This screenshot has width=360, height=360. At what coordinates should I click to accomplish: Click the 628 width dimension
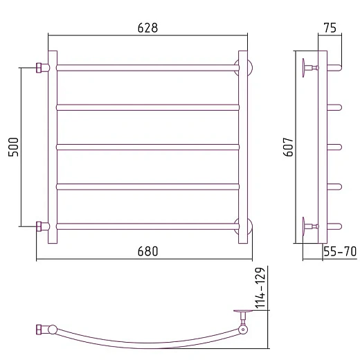(x=147, y=28)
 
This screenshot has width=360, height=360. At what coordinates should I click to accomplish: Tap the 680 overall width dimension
(x=147, y=251)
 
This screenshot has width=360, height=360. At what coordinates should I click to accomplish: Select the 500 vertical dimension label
(x=13, y=147)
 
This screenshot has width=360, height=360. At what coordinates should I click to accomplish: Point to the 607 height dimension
(x=288, y=147)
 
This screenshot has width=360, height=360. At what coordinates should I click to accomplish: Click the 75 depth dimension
(x=330, y=28)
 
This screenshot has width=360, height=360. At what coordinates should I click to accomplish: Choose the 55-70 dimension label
(x=340, y=251)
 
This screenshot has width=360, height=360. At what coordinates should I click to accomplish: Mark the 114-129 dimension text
(x=260, y=287)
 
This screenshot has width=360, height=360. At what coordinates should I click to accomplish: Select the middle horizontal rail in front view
(x=147, y=147)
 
